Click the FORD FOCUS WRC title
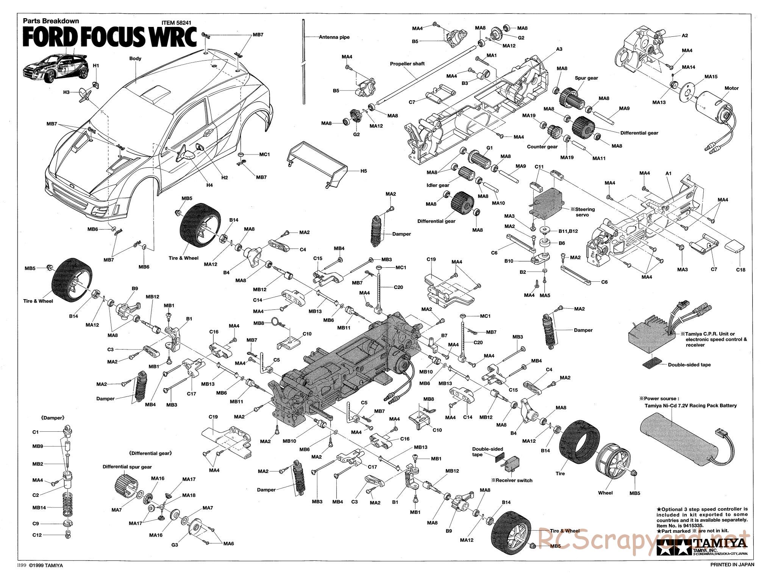pyautogui.click(x=110, y=37)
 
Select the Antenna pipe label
pyautogui.click(x=334, y=37)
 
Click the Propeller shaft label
pyautogui.click(x=407, y=64)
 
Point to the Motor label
pyautogui.click(x=731, y=88)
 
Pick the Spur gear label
pyautogui.click(x=586, y=78)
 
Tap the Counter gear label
pyautogui.click(x=542, y=147)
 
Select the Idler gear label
pyautogui.click(x=438, y=185)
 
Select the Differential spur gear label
pyautogui.click(x=127, y=467)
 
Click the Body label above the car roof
pyautogui.click(x=135, y=58)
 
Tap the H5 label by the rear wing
pyautogui.click(x=363, y=171)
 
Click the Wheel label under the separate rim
pyautogui.click(x=605, y=493)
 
